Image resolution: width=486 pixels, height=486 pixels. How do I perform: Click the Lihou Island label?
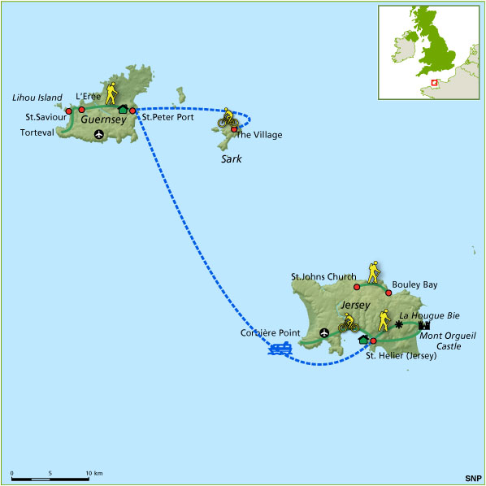pyautogui.click(x=37, y=98)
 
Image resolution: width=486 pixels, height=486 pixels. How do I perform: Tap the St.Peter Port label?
pyautogui.click(x=168, y=117)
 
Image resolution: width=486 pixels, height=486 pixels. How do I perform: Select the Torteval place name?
pyautogui.click(x=40, y=132)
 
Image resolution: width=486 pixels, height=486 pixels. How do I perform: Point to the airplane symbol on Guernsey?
pyautogui.click(x=99, y=134)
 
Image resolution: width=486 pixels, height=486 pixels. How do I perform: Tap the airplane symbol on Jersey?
pyautogui.click(x=325, y=332)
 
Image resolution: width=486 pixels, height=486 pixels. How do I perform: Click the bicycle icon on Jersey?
pyautogui.click(x=349, y=323)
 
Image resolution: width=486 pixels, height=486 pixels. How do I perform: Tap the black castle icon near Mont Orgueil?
pyautogui.click(x=423, y=326)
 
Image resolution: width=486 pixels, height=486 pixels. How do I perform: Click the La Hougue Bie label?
pyautogui.click(x=427, y=314)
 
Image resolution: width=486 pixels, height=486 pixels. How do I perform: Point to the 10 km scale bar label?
pyautogui.click(x=92, y=472)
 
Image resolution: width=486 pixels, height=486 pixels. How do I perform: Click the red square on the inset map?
pyautogui.click(x=434, y=81)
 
